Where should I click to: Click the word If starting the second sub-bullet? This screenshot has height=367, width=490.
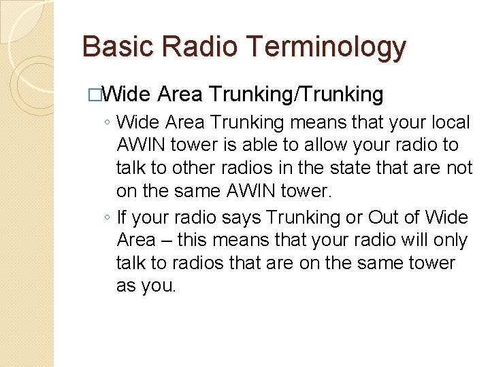[122, 218]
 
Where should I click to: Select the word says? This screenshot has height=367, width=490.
[240, 218]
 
